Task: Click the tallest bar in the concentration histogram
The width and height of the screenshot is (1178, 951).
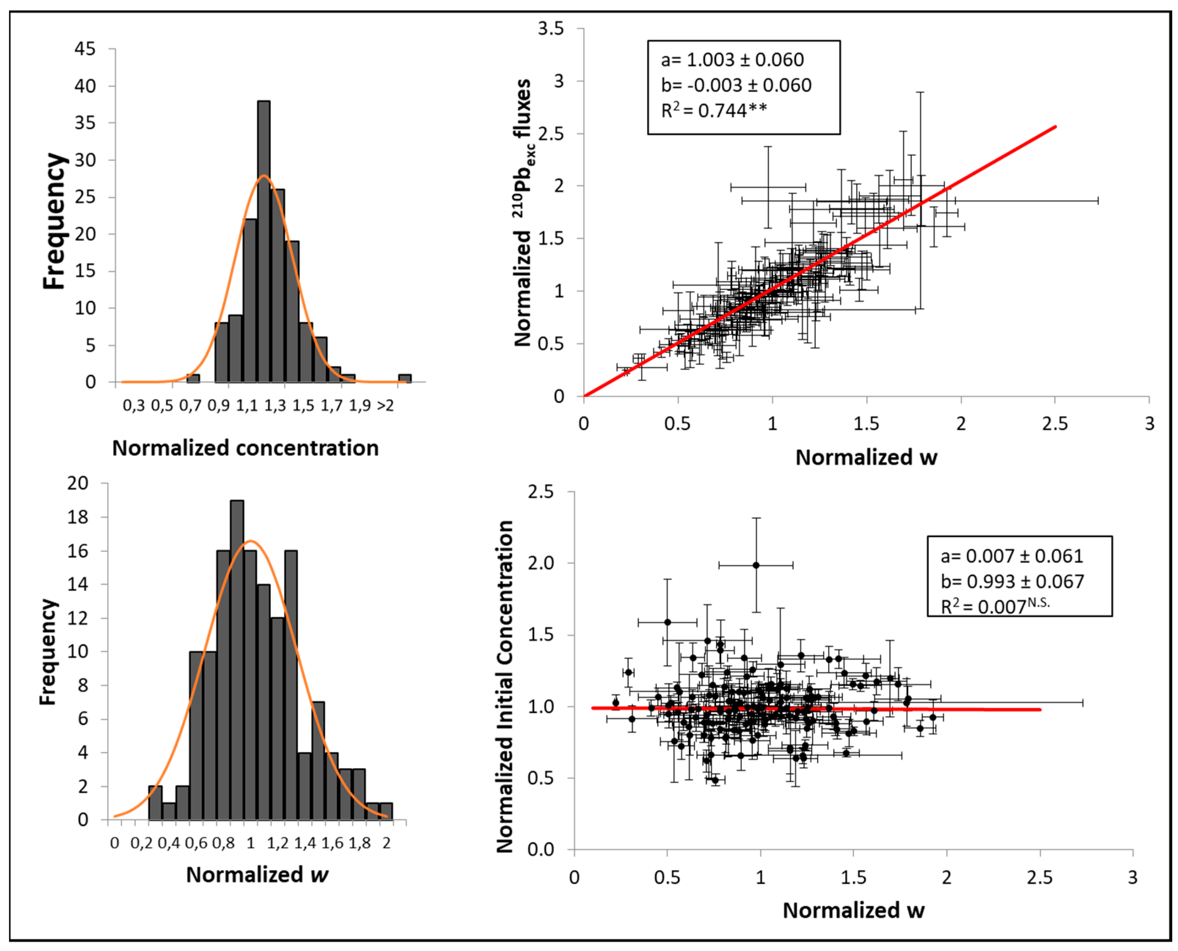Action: click(263, 241)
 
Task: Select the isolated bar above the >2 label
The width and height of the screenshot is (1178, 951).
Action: click(405, 378)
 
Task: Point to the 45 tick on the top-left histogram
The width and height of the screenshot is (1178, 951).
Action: click(85, 49)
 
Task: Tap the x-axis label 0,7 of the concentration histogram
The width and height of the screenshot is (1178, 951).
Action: click(190, 406)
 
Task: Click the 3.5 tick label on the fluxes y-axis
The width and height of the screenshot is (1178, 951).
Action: click(550, 29)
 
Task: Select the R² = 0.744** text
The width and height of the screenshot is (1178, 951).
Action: click(713, 111)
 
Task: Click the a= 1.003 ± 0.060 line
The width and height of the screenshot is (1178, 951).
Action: click(732, 60)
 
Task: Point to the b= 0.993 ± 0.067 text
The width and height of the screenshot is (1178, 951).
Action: click(1012, 581)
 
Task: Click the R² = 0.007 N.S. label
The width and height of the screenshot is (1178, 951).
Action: click(995, 606)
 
